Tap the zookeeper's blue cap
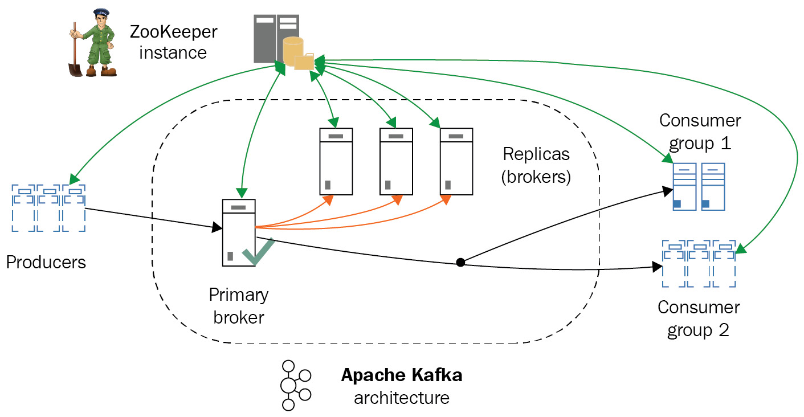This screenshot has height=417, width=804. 101,12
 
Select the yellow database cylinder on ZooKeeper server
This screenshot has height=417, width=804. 293,51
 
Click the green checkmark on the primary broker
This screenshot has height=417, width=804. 258,251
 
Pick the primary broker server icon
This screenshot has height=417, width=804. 238,232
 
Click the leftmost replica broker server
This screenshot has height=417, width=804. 336,162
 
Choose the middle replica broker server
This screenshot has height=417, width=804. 396,162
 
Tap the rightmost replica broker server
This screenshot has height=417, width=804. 456,162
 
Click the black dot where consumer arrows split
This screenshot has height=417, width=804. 460,263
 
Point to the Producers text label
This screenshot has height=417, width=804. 46,262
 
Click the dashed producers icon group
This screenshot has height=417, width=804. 48,207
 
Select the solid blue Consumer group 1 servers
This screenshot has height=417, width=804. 698,187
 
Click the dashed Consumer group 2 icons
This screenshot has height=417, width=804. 699,264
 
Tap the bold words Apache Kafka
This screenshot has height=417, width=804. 401,376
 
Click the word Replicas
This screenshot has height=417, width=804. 536,154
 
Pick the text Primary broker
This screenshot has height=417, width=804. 239,305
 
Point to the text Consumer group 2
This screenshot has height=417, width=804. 699,318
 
